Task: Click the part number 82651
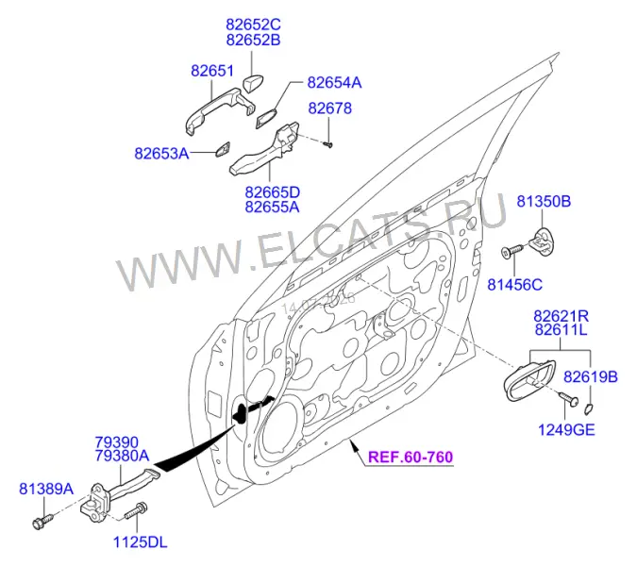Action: click(x=212, y=71)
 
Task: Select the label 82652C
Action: click(x=253, y=25)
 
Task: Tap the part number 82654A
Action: click(x=334, y=83)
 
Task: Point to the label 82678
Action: click(x=330, y=108)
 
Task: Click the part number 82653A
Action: click(x=161, y=154)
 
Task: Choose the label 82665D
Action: click(x=272, y=191)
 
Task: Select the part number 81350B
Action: click(x=544, y=201)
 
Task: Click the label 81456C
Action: click(x=514, y=285)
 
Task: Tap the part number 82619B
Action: click(x=590, y=377)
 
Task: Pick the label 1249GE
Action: click(x=566, y=429)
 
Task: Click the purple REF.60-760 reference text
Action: click(x=411, y=458)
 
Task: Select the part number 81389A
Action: click(x=46, y=489)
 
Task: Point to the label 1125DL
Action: click(x=141, y=542)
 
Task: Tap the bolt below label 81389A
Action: click(x=42, y=522)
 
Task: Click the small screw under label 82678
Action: click(x=327, y=143)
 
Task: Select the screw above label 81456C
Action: click(x=511, y=251)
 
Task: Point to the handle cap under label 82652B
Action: click(x=253, y=84)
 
